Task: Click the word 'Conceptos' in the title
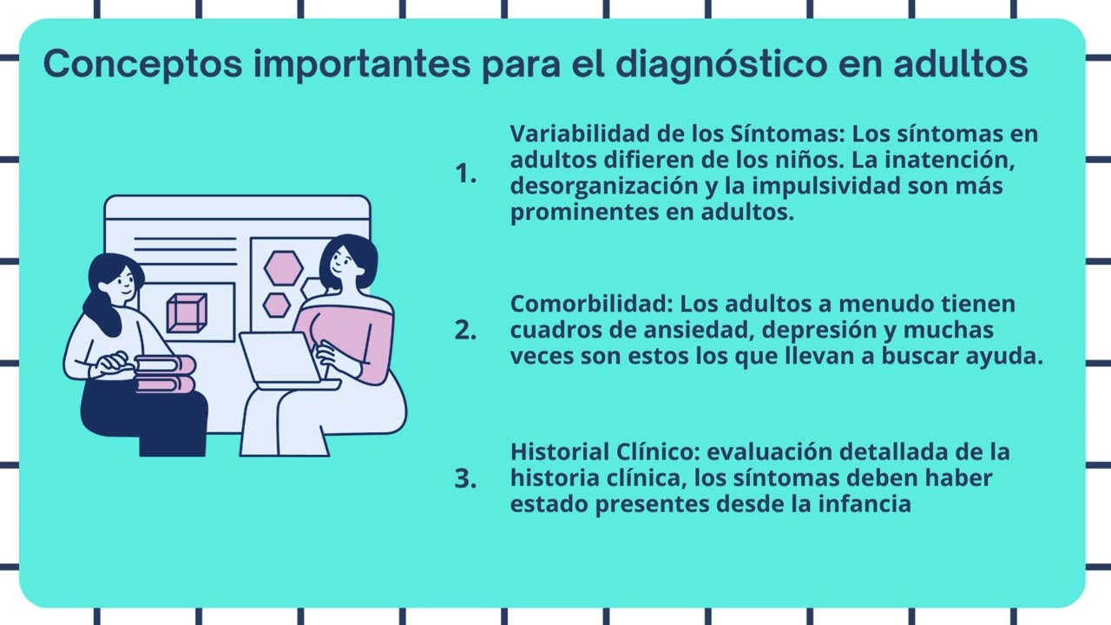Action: point(143,64)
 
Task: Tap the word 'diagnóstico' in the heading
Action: point(721,64)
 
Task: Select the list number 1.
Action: point(465,174)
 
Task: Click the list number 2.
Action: point(465,331)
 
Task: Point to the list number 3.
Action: point(465,478)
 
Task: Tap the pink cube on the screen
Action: point(187,312)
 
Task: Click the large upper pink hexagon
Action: point(283,268)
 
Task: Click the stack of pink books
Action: point(165,374)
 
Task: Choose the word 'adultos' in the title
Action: point(961,64)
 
